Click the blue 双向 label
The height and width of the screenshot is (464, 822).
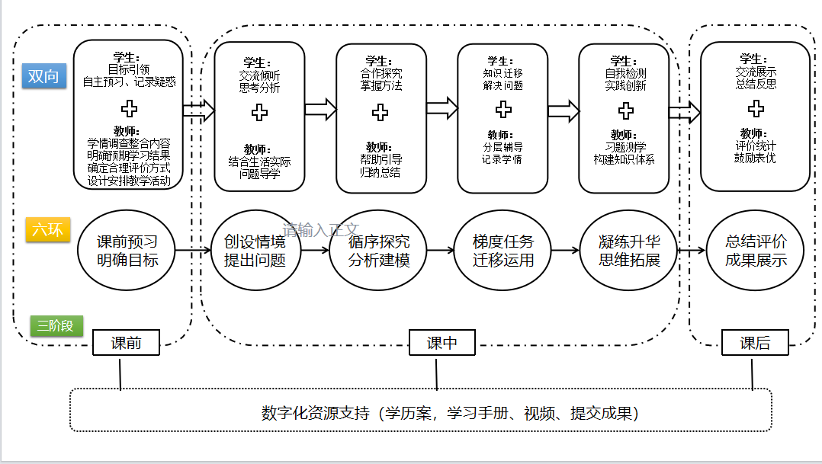[x=44, y=76]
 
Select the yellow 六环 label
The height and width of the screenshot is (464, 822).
[x=48, y=229]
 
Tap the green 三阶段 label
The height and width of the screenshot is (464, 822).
[x=56, y=326]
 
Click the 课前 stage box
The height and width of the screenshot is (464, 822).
[x=126, y=343]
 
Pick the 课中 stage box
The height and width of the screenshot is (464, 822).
[x=442, y=343]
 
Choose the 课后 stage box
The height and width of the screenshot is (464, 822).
[x=755, y=343]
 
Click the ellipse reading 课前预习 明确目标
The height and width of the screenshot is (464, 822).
[x=127, y=251]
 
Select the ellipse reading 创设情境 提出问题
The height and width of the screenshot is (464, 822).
[x=255, y=251]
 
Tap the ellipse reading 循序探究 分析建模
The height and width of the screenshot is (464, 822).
[x=379, y=251]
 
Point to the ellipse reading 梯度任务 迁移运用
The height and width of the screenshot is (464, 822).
[x=503, y=251]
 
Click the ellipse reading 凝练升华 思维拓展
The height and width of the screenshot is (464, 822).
[x=629, y=251]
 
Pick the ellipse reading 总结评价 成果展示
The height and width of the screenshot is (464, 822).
[x=756, y=251]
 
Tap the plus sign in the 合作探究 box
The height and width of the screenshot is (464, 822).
[x=380, y=113]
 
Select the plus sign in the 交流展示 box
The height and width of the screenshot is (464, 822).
[x=756, y=109]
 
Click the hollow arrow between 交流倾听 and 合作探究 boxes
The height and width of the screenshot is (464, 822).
[x=320, y=109]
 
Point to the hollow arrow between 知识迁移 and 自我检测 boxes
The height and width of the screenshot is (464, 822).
[x=564, y=111]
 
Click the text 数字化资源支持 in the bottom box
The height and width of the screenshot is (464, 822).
[x=315, y=414]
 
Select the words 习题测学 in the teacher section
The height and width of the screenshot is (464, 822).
[x=625, y=147]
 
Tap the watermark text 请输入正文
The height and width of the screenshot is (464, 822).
[x=320, y=229]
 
